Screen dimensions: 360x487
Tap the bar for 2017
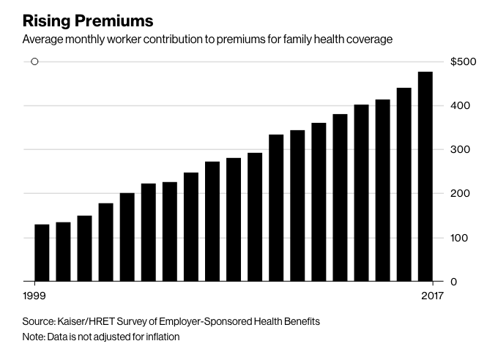tap(425, 176)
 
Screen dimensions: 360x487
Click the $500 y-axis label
tap(464, 62)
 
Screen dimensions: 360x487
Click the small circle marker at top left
tap(34, 61)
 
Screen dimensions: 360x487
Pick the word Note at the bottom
tap(33, 337)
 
